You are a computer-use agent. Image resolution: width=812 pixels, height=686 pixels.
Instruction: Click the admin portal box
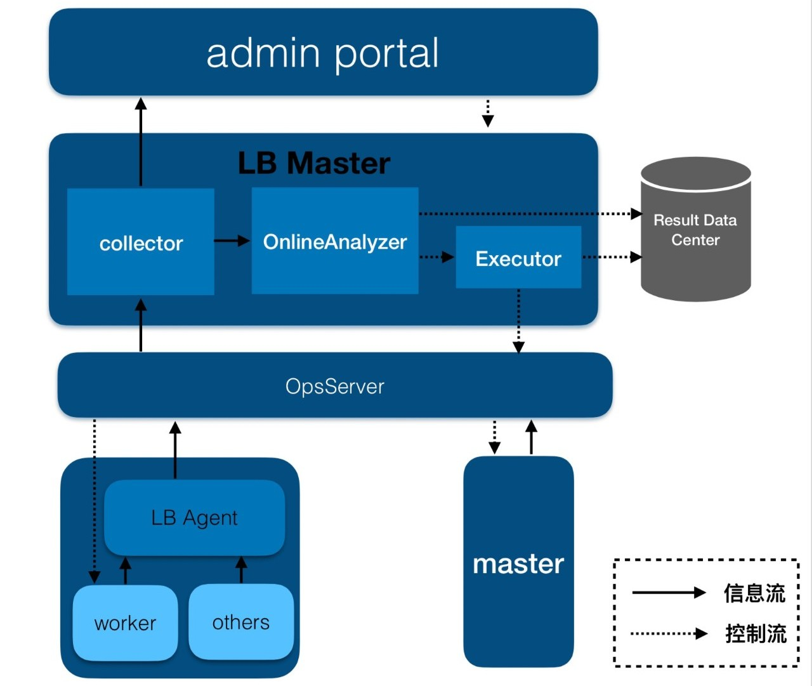point(323,53)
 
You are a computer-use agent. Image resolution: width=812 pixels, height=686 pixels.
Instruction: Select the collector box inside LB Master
point(141,242)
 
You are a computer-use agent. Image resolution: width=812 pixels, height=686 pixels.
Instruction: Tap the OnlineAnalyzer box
point(335,241)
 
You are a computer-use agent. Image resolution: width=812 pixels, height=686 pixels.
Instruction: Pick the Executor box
point(518,258)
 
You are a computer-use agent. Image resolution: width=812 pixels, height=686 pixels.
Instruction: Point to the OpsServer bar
point(335,386)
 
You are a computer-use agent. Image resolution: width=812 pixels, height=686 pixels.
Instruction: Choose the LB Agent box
point(194,518)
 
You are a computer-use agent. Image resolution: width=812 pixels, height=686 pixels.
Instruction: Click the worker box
point(125,623)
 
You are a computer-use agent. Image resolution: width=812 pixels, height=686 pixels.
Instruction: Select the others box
point(241,622)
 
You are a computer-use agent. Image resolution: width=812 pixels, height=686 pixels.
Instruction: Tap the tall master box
point(518,562)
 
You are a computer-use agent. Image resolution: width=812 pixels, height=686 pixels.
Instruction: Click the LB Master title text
point(314,163)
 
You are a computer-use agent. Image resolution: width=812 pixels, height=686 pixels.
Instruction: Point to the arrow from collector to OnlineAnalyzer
point(232,241)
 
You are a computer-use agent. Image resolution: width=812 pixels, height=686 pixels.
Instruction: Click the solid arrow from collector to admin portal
point(141,143)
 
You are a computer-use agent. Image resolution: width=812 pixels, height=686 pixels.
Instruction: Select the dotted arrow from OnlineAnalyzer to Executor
point(436,257)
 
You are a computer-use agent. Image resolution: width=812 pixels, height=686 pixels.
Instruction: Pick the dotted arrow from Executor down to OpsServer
point(518,320)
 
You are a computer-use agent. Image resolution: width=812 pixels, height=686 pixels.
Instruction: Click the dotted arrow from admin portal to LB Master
point(488,113)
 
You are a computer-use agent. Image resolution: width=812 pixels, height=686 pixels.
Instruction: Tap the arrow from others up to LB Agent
point(241,570)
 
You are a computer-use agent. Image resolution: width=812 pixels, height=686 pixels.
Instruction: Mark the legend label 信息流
point(754,593)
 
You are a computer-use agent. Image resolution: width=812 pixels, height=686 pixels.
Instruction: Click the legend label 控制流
point(756,633)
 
